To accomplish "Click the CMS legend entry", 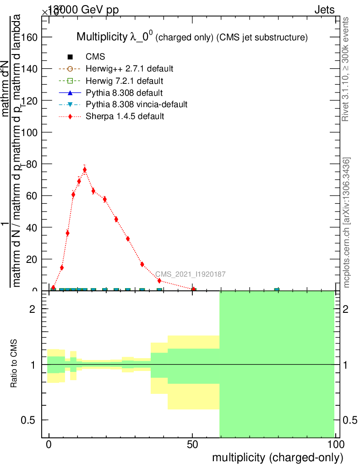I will pos(95,57).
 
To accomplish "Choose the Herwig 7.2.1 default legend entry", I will pos(125,81).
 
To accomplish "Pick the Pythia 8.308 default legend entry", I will pos(124,93).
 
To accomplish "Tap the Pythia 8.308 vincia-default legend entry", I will pos(136,104).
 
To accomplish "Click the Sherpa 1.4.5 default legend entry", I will pos(125,116).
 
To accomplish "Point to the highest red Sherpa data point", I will pos(84,170).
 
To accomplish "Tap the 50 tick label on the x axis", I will pos(192,444).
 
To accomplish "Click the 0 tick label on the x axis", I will pos(49,444).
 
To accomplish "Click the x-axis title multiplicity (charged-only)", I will pos(277,457).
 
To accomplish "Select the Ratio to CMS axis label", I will pos(14,365).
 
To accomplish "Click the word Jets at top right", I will pos(324,10).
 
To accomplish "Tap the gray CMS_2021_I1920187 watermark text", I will pos(190,274).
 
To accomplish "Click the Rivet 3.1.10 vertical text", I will pos(346,69).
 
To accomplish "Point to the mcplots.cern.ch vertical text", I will pos(347,223).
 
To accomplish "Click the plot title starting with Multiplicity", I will pos(191,37).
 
